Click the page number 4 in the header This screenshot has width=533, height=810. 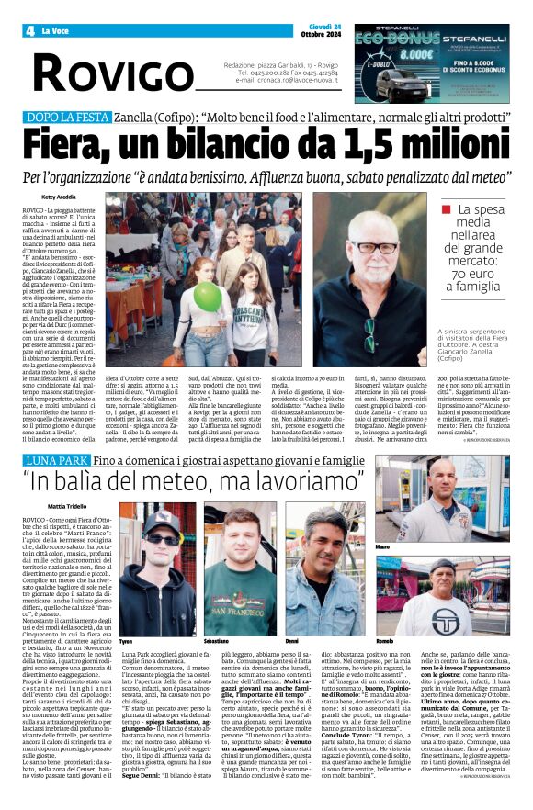29,31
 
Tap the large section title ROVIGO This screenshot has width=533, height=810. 98,69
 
